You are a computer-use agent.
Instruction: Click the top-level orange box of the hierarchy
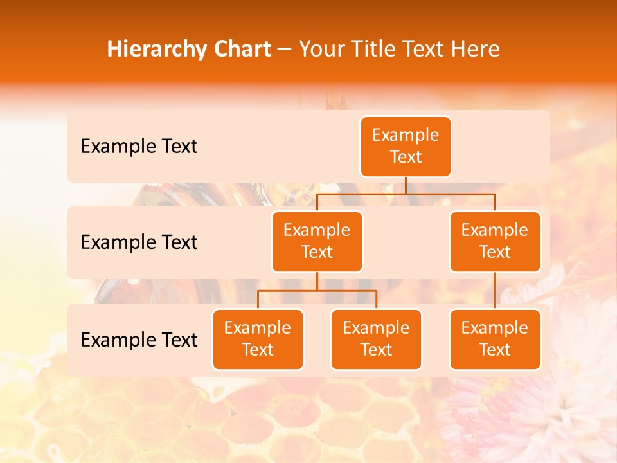coord(406,147)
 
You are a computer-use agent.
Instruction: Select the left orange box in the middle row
coord(317,242)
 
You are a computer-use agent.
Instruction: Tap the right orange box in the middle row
coord(495,242)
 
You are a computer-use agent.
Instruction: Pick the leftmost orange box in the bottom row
coord(258,340)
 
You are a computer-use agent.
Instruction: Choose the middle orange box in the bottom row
coord(376,340)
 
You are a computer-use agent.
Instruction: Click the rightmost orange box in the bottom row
coord(495,340)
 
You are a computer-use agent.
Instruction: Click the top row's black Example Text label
coord(139,147)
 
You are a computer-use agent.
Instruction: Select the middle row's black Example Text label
coord(139,242)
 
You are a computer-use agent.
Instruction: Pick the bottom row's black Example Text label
coord(139,340)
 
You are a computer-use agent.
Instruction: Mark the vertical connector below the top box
coord(406,185)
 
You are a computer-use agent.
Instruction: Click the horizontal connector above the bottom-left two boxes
coord(317,291)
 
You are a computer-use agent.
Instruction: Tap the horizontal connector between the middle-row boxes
coord(406,194)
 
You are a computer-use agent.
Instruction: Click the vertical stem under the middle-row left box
coord(317,281)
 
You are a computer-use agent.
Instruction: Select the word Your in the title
coord(321,50)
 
